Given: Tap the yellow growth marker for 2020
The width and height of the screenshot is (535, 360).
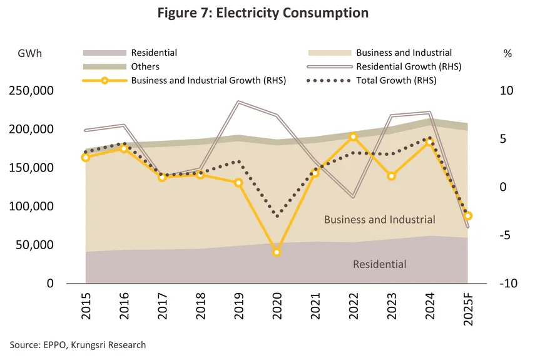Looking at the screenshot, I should click(277, 252).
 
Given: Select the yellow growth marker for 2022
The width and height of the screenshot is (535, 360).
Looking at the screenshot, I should click(353, 136).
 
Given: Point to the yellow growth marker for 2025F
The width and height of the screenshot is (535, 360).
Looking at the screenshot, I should click(467, 216).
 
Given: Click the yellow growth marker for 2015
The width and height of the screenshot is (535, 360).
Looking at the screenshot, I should click(86, 157).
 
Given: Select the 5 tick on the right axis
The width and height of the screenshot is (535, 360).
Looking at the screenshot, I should click(506, 139).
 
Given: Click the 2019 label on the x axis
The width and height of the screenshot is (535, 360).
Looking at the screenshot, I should click(239, 307).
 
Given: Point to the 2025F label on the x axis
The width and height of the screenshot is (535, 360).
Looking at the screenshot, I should click(468, 311).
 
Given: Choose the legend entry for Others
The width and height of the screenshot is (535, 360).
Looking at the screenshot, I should click(145, 66).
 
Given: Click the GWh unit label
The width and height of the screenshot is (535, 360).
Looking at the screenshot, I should click(29, 53).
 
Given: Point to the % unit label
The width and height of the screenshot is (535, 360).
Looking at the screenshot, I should click(507, 53).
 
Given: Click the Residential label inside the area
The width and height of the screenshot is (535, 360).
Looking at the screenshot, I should click(379, 264).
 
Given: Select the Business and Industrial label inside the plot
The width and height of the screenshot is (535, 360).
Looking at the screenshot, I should click(379, 220).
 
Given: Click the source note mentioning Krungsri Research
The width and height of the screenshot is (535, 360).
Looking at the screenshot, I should click(78, 345).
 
